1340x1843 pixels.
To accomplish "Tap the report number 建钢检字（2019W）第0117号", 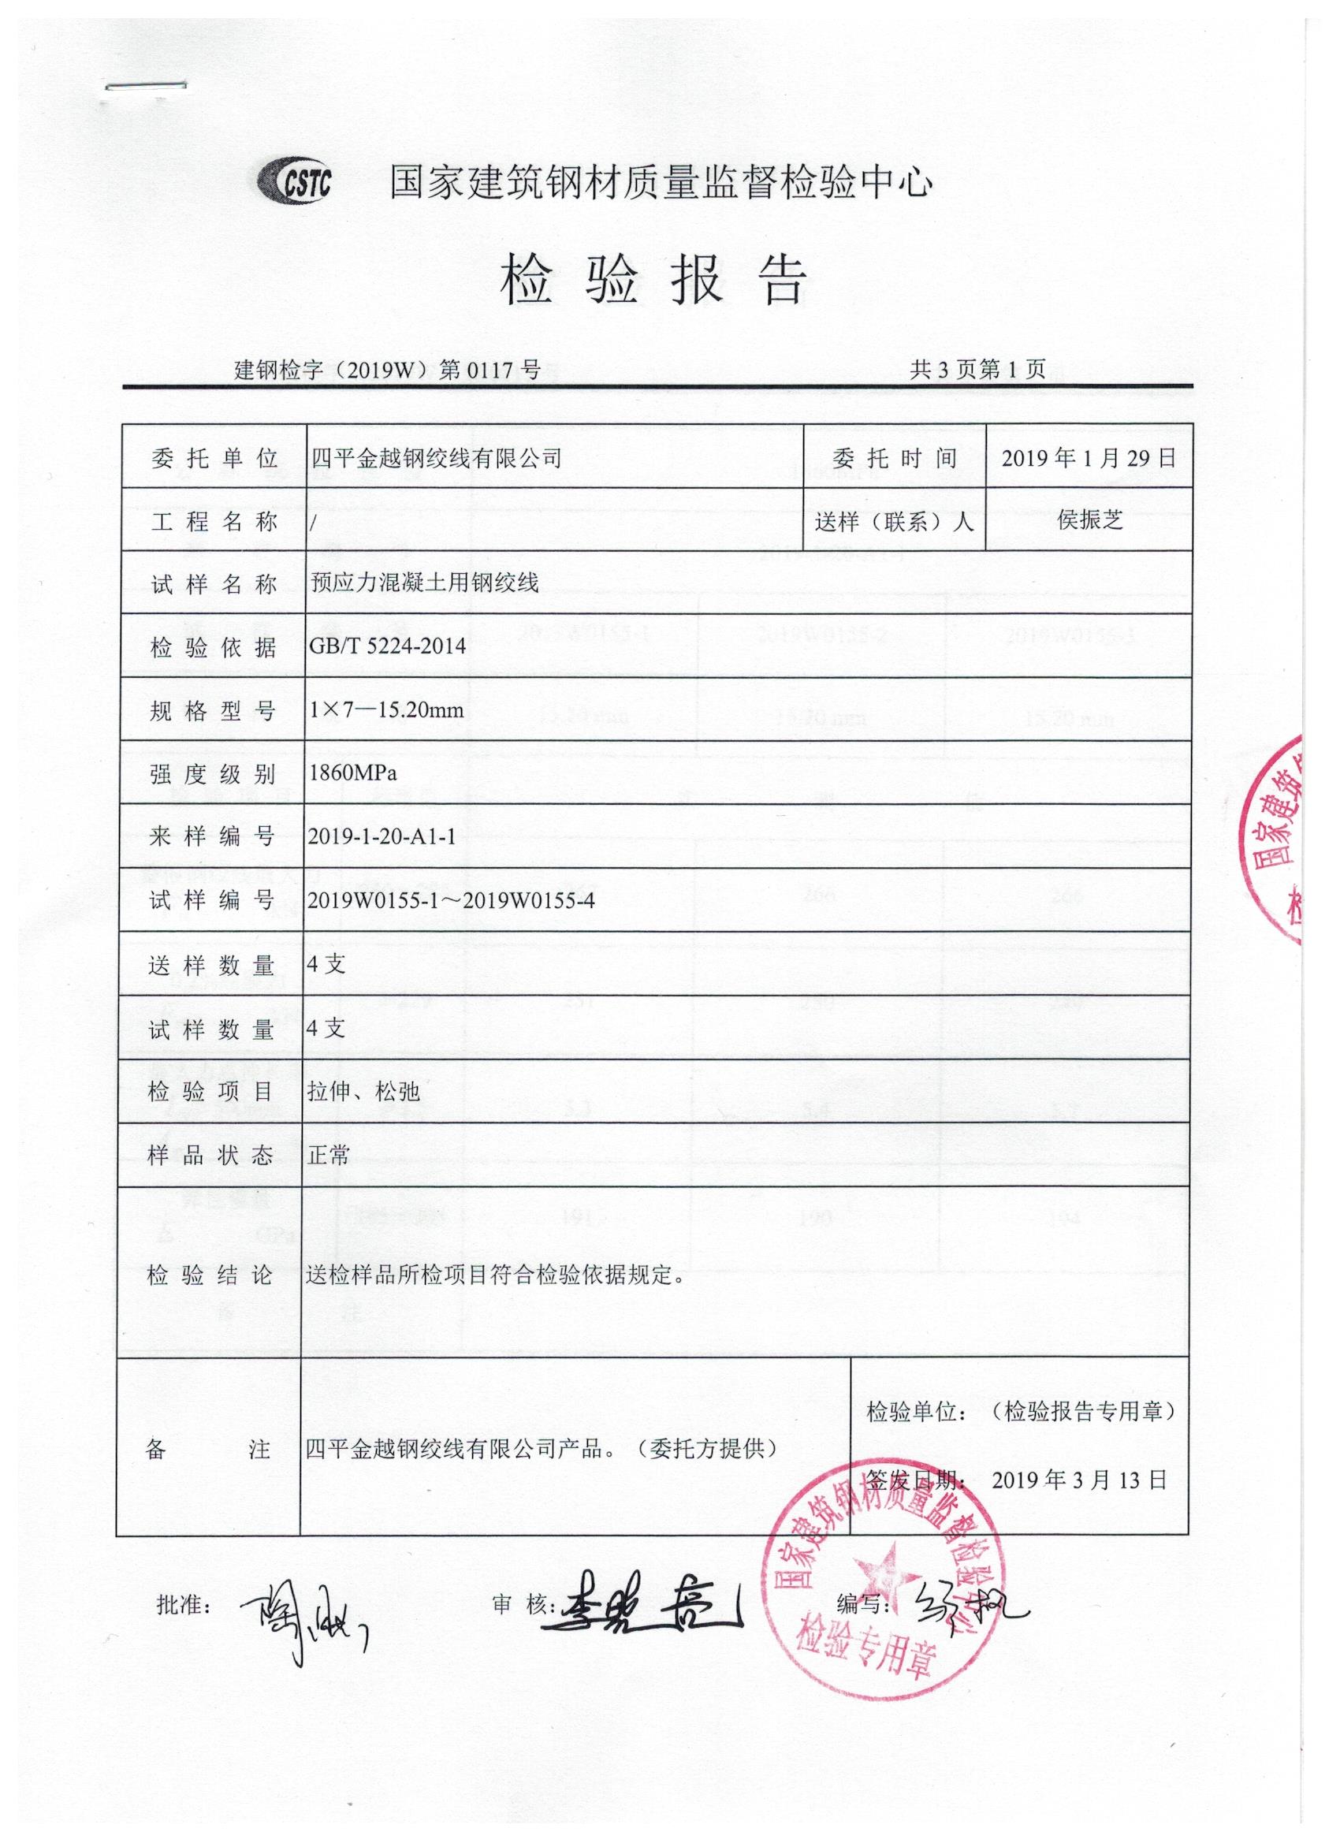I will [388, 371].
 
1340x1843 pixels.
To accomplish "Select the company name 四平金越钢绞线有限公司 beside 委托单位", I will [437, 458].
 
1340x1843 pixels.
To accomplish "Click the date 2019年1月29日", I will [1088, 458].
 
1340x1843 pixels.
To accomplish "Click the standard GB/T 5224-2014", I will [388, 647].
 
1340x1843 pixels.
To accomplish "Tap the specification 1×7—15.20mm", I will [386, 710].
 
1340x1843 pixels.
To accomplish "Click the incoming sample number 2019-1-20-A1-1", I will [382, 836].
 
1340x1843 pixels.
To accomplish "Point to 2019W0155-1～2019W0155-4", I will [451, 900].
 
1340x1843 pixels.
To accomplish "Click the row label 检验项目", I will [210, 1091].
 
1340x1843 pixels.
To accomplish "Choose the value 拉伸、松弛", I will [364, 1091].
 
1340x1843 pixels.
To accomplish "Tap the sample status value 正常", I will [328, 1155].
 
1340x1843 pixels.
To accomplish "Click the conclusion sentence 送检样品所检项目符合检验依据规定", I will [495, 1275].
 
